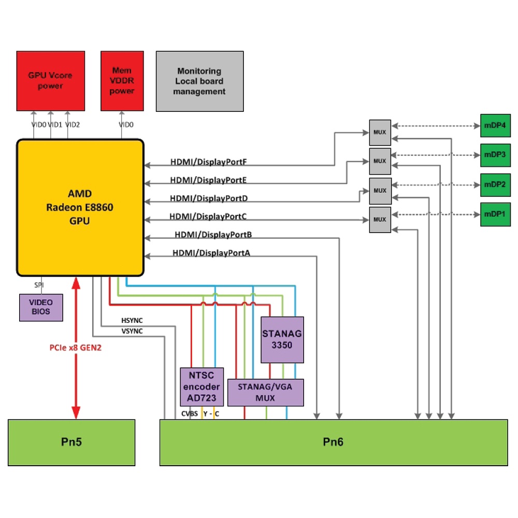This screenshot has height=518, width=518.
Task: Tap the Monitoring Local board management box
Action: point(200,81)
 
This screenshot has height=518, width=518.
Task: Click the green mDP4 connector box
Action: point(495,125)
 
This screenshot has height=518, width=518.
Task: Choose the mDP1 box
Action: point(495,213)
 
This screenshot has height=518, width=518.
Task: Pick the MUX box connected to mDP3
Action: point(380,161)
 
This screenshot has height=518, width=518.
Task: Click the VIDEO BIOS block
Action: point(41,308)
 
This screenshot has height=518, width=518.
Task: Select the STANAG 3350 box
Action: point(282,339)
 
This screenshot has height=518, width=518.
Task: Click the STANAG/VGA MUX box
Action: point(266,392)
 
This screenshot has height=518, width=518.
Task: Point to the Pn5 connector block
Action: point(71,442)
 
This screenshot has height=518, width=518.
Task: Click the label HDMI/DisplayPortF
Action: point(208,162)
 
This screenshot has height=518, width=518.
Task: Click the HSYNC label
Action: point(132,321)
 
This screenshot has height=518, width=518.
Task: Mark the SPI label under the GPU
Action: point(39,285)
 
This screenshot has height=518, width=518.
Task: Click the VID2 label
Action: point(73,124)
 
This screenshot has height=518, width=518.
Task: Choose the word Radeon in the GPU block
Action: point(67,208)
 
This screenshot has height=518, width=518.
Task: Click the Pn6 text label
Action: point(333,442)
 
